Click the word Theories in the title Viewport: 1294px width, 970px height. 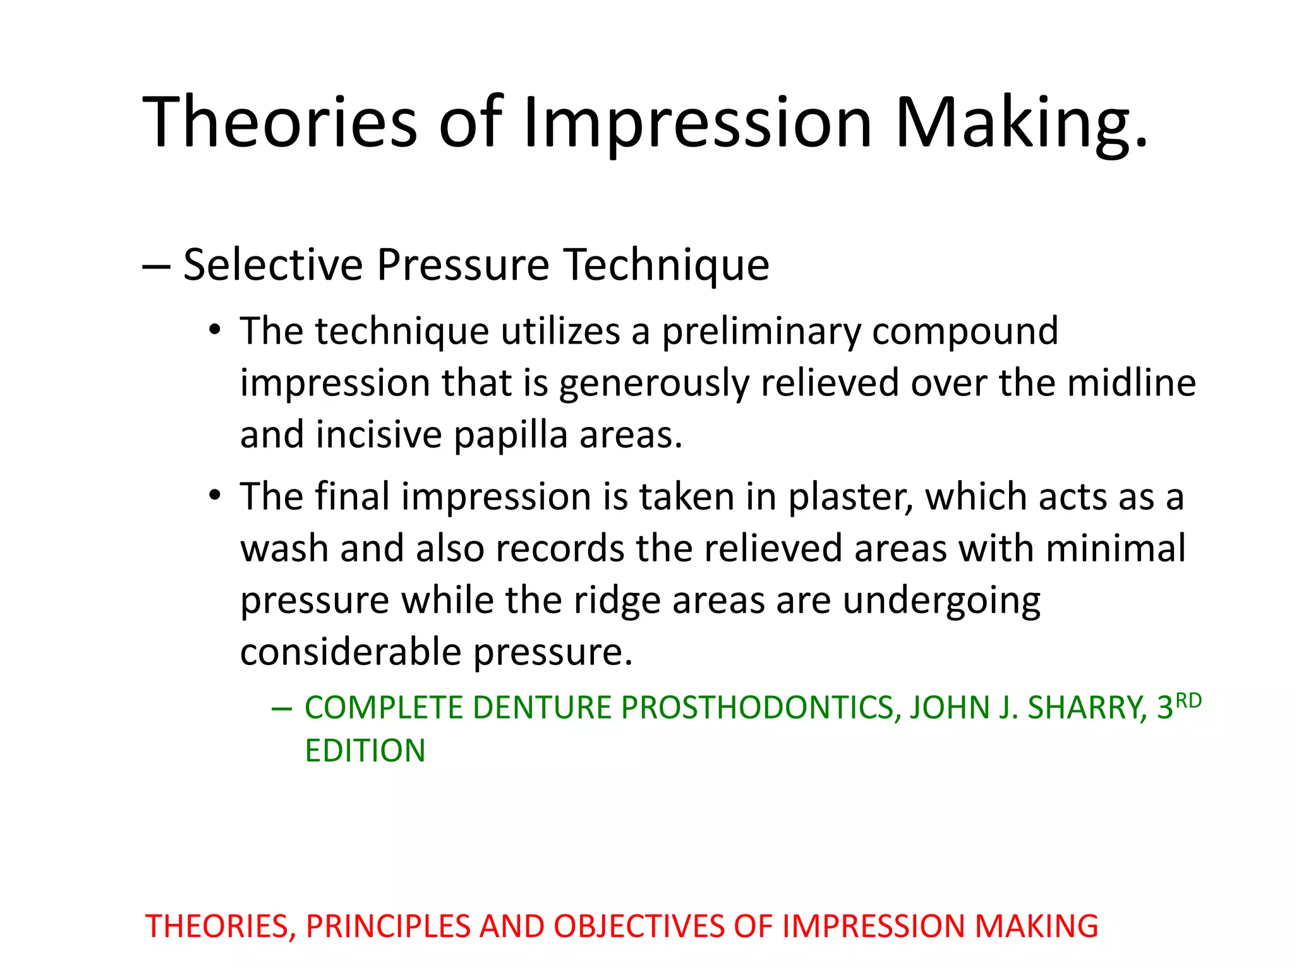coord(280,121)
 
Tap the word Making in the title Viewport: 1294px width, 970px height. coord(1020,121)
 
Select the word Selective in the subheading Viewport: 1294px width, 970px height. coord(273,264)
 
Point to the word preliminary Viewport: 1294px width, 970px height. coord(761,331)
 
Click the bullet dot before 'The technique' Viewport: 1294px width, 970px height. coord(215,330)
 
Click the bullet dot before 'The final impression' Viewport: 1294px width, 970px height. coord(215,494)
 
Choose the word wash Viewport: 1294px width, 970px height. coord(284,548)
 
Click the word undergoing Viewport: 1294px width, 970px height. coord(941,601)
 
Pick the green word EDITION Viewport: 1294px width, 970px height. coord(365,751)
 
